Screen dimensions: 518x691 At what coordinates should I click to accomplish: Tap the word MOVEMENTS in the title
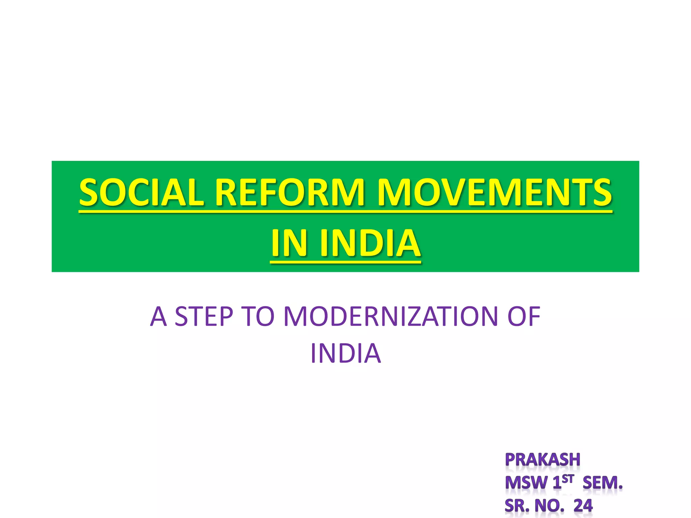(494, 193)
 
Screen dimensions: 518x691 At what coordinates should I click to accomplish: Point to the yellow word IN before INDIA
(289, 243)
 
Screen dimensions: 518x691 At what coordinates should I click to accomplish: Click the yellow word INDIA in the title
(370, 243)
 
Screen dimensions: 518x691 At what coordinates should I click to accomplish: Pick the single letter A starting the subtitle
(158, 317)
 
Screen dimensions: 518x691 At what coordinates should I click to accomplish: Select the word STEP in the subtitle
(204, 317)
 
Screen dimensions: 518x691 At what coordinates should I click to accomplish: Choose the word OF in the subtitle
(524, 317)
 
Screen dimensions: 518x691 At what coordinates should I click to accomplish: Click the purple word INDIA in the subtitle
(345, 353)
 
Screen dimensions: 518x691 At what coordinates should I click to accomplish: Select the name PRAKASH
(543, 460)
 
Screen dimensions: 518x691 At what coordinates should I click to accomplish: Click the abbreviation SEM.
(603, 483)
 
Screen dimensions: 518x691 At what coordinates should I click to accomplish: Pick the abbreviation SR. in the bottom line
(517, 506)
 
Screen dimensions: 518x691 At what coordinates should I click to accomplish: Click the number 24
(583, 506)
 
